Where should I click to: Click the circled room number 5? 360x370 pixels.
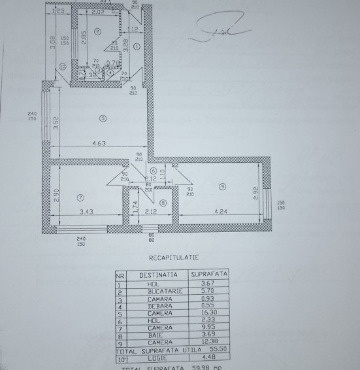(x=102, y=118)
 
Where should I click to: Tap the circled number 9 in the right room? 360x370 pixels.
(x=223, y=187)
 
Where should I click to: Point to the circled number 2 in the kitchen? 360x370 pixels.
(x=97, y=31)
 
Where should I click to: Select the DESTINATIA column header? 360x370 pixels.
(x=152, y=275)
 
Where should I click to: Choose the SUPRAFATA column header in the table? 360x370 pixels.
(x=208, y=275)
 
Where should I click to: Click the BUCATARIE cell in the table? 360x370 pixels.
(x=152, y=292)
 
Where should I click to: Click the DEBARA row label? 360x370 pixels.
(x=152, y=307)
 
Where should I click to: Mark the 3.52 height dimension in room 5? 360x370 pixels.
(x=57, y=122)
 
